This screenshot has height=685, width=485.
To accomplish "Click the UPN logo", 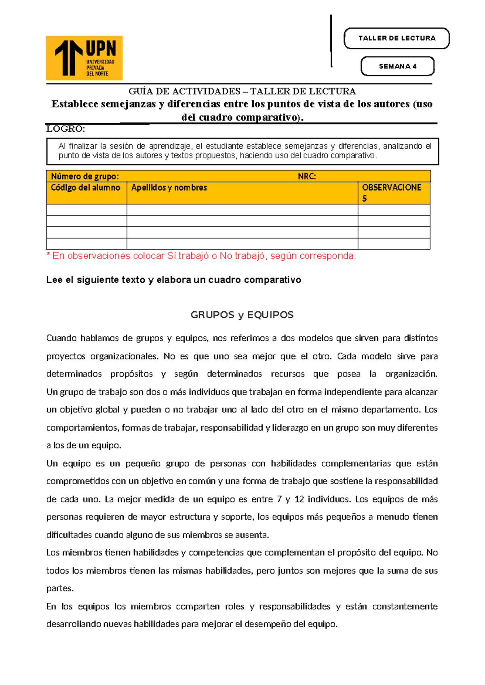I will (84, 58).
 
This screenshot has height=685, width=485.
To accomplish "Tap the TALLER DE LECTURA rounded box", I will (396, 38).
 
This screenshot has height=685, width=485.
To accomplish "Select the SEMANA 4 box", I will (397, 66).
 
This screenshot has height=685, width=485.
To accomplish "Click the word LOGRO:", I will (65, 129).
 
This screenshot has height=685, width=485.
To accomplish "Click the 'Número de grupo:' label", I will (85, 176).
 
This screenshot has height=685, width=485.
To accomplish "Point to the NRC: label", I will (307, 176).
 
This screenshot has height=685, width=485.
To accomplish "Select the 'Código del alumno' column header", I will (86, 187).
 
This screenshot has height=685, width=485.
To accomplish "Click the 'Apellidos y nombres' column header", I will (169, 187).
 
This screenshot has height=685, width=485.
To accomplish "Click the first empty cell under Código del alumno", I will (86, 210).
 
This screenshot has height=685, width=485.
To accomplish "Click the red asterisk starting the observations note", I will (48, 255).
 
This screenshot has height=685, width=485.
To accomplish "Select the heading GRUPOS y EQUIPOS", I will (242, 315).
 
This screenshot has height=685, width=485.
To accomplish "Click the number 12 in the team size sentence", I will (299, 499).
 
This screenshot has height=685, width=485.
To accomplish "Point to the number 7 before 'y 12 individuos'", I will (279, 499).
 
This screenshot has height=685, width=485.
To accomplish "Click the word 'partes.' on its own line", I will (60, 588).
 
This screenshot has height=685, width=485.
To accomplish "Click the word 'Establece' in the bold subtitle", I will (75, 104).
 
